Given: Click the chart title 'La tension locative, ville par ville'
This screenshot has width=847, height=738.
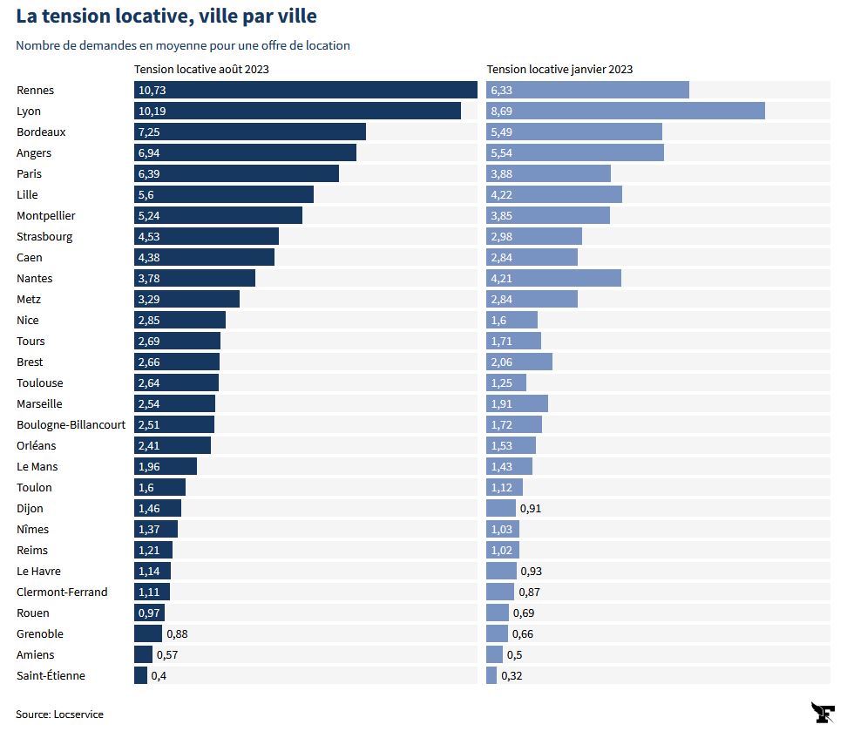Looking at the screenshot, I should coord(166,16).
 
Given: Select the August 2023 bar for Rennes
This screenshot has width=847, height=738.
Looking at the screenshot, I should coord(305,90).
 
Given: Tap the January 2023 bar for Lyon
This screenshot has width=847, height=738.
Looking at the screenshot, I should coord(625,111).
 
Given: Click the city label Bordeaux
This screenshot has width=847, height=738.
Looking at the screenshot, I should coord(41,132).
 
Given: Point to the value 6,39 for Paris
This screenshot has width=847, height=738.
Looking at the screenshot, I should coord(151,173).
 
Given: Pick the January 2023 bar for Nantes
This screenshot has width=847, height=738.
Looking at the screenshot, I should coord(553,278).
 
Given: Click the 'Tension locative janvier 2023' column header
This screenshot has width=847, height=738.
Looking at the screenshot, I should coord(559,69).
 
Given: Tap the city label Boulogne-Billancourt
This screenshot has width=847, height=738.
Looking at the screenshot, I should coord(71,424).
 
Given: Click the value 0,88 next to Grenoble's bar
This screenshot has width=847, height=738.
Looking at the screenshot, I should coord(178,633).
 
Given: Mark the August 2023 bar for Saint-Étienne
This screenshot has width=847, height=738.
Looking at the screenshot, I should coord(140,675).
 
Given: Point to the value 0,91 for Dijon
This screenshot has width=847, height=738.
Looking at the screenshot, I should coord(531,508).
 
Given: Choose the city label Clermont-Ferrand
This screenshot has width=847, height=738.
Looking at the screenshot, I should coord(62,592).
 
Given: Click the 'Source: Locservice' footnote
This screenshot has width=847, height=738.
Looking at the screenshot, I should coord(59,714).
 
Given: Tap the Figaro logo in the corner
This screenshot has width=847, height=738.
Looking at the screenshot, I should coord(823,712).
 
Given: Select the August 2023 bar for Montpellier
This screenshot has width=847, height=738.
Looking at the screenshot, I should coord(218,215).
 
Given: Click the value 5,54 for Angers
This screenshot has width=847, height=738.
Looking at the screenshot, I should coord(503,152).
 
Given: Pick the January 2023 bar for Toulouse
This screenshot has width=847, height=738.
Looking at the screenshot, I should coord(506,383).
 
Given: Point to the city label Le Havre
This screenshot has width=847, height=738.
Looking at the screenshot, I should coord(38,571).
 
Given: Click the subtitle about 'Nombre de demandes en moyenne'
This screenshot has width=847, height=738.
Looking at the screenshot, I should coord(183,45).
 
